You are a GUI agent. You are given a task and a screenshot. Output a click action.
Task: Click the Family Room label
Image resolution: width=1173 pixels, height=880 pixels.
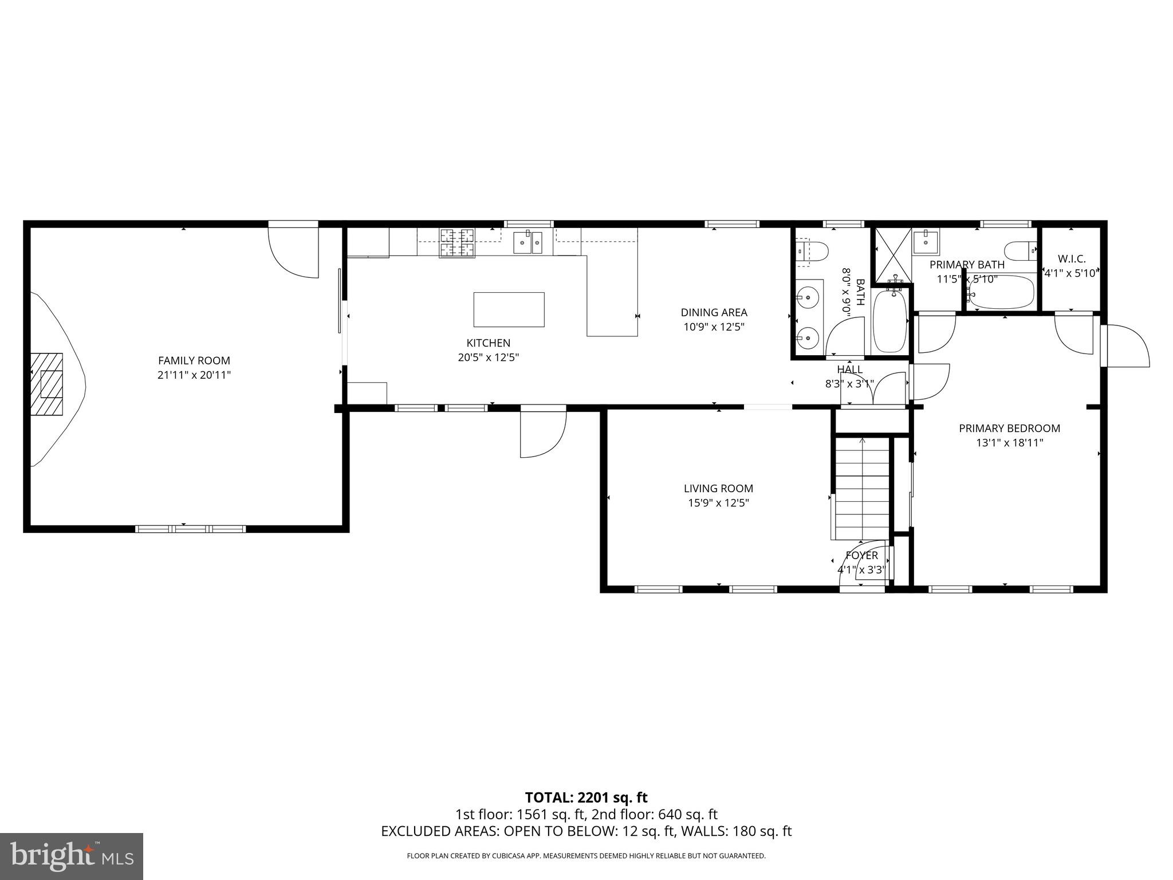click(194, 360)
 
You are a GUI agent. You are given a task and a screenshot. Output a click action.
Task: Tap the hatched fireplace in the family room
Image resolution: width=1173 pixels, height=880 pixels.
click(47, 384)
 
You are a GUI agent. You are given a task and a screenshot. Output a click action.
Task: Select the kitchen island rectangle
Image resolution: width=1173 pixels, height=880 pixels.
click(509, 309)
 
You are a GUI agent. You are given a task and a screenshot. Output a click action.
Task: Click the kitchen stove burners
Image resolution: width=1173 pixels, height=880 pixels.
click(456, 243)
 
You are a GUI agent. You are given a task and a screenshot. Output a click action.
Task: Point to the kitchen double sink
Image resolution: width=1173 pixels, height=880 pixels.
click(528, 243)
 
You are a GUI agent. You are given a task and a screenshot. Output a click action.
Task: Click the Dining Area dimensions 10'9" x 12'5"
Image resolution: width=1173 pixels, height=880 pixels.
click(714, 327)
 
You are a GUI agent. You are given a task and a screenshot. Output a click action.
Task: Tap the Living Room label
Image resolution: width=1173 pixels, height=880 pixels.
click(718, 488)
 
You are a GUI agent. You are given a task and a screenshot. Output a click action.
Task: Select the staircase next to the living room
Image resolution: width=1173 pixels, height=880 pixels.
click(861, 487)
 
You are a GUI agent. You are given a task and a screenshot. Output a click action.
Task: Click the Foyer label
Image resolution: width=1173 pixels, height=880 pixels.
click(861, 555)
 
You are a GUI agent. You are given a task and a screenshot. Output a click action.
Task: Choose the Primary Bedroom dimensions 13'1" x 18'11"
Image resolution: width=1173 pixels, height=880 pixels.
click(1009, 442)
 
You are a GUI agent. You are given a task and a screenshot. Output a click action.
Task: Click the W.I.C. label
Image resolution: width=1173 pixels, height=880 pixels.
click(1071, 259)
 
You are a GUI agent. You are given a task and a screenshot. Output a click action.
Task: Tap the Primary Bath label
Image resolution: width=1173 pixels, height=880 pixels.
click(967, 265)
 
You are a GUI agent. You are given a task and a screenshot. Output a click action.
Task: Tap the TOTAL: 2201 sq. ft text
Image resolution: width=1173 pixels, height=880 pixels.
click(586, 797)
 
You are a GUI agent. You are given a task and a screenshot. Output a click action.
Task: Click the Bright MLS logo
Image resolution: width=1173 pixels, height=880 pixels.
click(72, 856)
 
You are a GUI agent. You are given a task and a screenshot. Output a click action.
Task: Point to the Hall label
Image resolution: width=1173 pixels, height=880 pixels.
click(849, 370)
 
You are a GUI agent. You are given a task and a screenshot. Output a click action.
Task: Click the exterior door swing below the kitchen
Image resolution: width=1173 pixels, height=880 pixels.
click(542, 434)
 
